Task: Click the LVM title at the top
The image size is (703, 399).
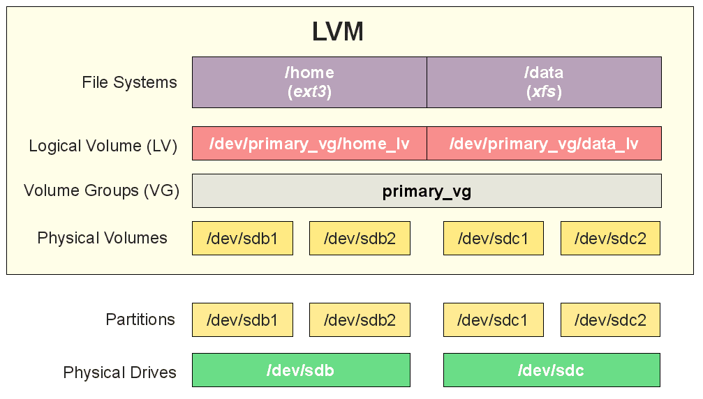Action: (x=338, y=32)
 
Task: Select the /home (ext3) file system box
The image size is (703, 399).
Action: (x=309, y=82)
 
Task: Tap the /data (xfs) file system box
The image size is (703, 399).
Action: (x=544, y=82)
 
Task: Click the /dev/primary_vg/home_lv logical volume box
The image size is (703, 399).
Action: (x=309, y=143)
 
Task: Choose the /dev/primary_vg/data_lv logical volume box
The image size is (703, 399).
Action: (x=544, y=143)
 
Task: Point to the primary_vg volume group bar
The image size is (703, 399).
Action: (x=427, y=190)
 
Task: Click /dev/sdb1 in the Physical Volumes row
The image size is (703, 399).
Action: (x=242, y=239)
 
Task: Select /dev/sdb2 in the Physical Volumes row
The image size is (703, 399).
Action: (x=360, y=239)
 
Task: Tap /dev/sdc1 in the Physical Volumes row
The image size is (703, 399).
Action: (x=493, y=239)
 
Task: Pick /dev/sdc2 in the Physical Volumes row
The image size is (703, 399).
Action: (x=610, y=239)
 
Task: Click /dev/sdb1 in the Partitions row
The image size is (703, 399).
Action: (x=242, y=319)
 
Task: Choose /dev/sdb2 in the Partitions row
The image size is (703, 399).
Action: (x=360, y=319)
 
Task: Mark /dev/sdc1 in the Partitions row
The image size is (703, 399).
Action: (x=493, y=319)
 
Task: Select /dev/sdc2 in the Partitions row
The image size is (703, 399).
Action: (x=610, y=319)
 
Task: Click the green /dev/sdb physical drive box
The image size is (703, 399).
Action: (x=302, y=370)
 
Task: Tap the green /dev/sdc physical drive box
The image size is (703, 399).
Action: (x=552, y=370)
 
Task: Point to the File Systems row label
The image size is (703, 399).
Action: (x=130, y=83)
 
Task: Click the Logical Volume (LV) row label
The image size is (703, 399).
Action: (x=103, y=146)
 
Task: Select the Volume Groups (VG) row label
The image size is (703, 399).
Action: (x=101, y=190)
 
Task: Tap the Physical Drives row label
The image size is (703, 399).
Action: (x=119, y=372)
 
